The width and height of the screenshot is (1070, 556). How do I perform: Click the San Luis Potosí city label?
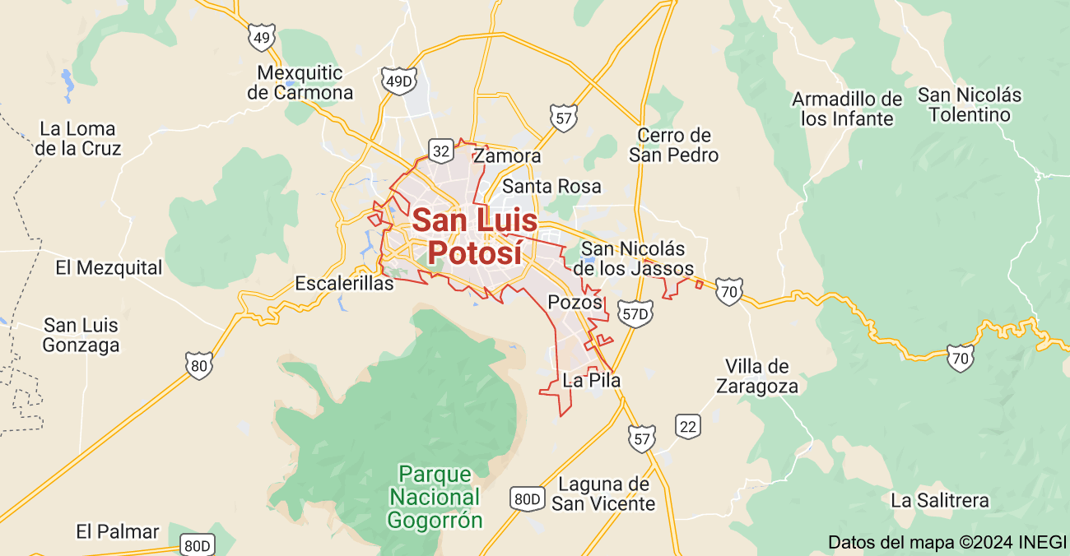tap(475, 236)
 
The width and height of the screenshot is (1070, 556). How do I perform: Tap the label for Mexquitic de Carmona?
tap(300, 82)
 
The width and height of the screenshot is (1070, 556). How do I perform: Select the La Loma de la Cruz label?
tap(78, 139)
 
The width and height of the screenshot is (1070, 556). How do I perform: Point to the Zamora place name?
tap(508, 156)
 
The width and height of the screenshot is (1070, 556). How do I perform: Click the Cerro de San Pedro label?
tap(673, 145)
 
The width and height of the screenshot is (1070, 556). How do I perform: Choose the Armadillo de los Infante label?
tap(847, 109)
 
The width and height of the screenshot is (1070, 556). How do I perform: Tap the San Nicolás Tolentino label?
tap(970, 104)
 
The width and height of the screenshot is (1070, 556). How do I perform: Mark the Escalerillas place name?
tap(344, 285)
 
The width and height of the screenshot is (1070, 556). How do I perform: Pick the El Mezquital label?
tap(109, 267)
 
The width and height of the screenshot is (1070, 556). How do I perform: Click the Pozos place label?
tap(575, 302)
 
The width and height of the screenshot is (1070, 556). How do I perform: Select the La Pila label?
tap(591, 380)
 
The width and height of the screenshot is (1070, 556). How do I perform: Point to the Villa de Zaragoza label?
tap(756, 376)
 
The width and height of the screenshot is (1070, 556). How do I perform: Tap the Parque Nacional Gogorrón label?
tap(435, 497)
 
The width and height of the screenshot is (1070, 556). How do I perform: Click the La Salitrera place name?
tap(939, 500)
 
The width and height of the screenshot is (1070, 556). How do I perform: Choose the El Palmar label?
tap(117, 531)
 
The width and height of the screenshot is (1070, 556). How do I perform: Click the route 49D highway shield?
tap(398, 80)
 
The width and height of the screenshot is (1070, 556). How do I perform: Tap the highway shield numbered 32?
tap(441, 151)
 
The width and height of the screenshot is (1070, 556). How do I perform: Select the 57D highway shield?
tap(635, 313)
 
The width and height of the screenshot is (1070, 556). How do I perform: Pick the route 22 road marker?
tap(688, 425)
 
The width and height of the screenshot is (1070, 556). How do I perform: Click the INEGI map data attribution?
tap(947, 543)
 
